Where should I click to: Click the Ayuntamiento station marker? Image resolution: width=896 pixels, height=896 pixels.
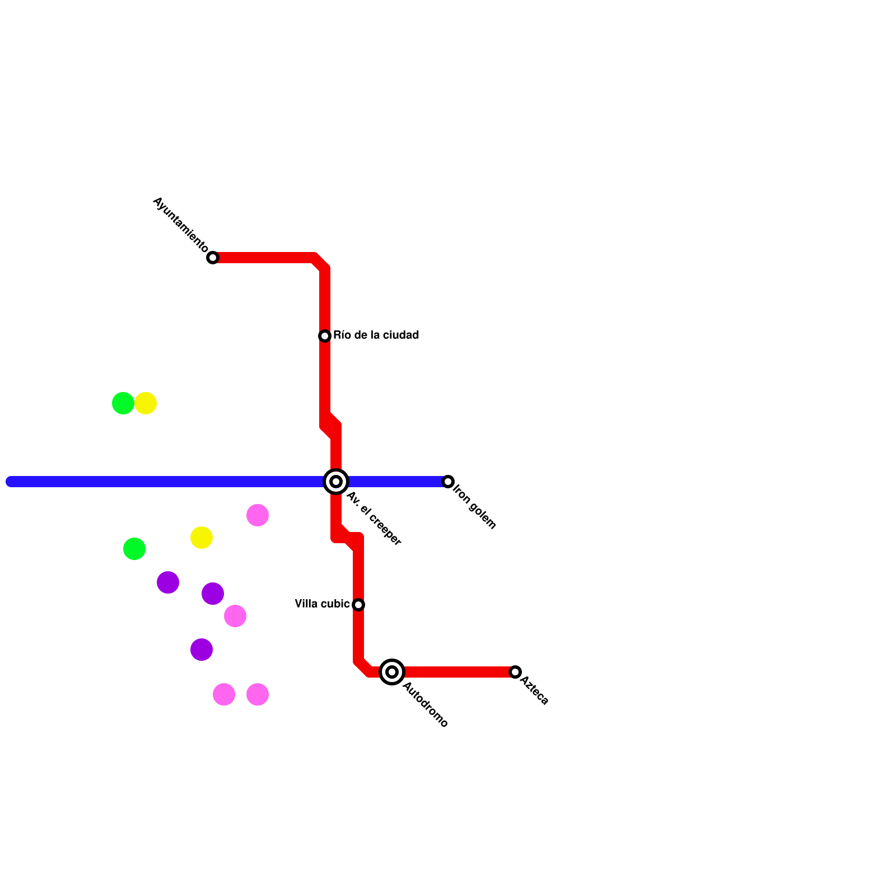tap(213, 258)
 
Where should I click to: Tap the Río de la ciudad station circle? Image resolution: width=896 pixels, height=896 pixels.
tap(325, 336)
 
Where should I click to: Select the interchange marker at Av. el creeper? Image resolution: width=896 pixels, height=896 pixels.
tap(336, 482)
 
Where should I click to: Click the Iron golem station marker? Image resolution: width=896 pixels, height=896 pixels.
tap(448, 482)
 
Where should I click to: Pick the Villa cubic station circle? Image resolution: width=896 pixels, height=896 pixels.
tap(358, 605)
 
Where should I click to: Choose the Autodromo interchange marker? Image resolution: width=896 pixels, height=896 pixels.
tap(392, 672)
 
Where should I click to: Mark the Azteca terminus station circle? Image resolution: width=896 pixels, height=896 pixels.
tap(515, 672)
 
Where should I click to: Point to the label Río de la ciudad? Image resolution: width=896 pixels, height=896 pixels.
tap(376, 335)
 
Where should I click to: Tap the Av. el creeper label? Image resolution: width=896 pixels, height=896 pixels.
tap(374, 519)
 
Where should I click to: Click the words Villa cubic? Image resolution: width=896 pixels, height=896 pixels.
tap(322, 604)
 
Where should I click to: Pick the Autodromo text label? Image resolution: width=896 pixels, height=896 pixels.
tap(425, 704)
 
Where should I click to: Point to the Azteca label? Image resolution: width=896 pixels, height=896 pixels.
tap(534, 690)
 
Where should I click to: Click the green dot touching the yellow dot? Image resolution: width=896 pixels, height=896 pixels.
tap(123, 403)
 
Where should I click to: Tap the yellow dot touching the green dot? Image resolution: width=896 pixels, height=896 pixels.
tap(146, 403)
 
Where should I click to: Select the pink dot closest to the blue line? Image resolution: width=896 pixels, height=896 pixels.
tap(258, 515)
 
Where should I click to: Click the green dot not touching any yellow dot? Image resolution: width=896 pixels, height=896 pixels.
tap(134, 549)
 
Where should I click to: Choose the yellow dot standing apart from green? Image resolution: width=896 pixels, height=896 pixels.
tap(202, 538)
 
